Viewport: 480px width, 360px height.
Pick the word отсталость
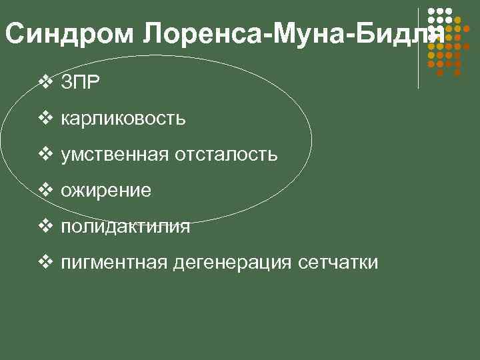coord(226,155)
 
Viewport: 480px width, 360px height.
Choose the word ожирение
coord(106,191)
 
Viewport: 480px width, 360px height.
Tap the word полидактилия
coord(125,227)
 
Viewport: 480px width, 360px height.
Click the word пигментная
coord(114,263)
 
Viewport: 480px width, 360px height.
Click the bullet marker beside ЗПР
coord(45,83)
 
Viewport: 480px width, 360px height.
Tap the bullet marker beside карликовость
coord(45,119)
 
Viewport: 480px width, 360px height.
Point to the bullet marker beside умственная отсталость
coord(45,155)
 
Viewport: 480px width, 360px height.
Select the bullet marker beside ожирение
coord(45,191)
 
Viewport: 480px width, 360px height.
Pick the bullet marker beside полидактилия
coord(45,227)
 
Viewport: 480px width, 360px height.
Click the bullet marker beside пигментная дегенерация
coord(45,263)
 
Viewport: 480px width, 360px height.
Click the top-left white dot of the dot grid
coord(431,11)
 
